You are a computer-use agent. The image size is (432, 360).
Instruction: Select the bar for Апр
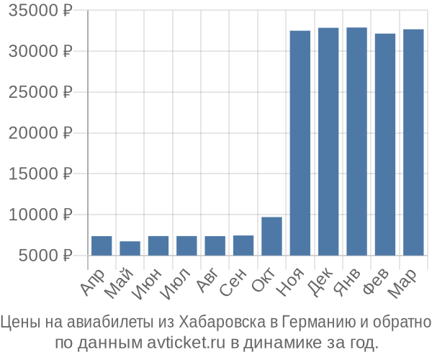tap(102, 246)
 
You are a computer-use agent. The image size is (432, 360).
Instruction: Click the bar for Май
tap(130, 248)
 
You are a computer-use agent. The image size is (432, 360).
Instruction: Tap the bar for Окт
tap(271, 236)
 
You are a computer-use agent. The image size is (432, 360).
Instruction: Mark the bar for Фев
tap(385, 144)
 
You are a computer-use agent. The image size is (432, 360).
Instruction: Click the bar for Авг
tap(215, 246)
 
